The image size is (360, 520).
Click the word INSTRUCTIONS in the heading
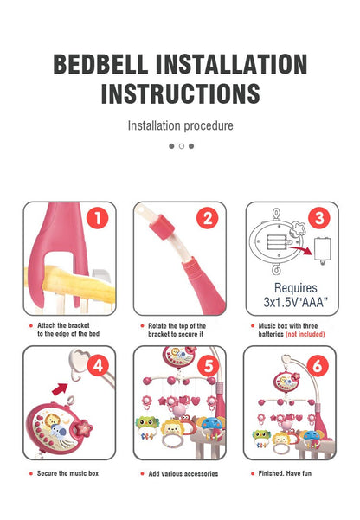[x=180, y=93]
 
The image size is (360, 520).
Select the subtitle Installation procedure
[x=180, y=126]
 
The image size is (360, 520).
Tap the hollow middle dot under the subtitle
[x=181, y=146]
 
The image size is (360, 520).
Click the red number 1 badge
[x=96, y=219]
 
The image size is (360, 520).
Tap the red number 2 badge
[x=207, y=219]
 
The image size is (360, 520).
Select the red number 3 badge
[x=318, y=219]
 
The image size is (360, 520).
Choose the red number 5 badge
[x=207, y=364]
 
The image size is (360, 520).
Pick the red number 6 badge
[x=318, y=364]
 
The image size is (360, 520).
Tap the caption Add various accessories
[x=183, y=473]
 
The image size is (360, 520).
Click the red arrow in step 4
[x=61, y=389]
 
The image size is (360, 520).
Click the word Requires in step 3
[x=294, y=288]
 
